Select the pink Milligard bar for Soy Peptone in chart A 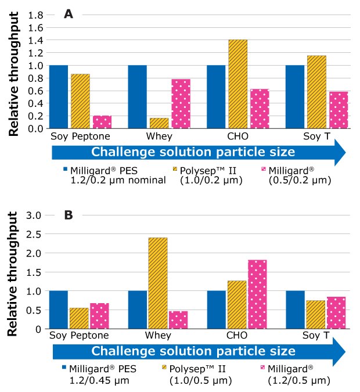coord(102,122)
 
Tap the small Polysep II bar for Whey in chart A coord(159,123)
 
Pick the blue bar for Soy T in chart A coord(295,97)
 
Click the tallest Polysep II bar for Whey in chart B coord(158,283)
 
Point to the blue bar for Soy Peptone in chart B coord(58,310)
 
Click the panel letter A coord(68,15)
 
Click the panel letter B coord(68,215)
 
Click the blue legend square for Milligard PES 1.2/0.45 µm coord(66,368)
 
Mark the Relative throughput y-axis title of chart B coord(15,271)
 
